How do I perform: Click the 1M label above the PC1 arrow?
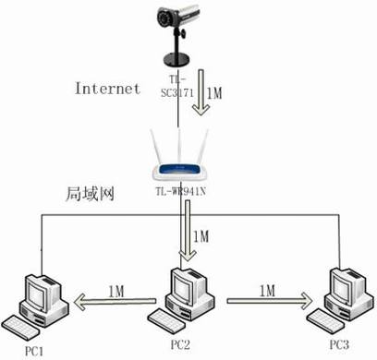[117, 288]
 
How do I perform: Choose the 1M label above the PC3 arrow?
[266, 290]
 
